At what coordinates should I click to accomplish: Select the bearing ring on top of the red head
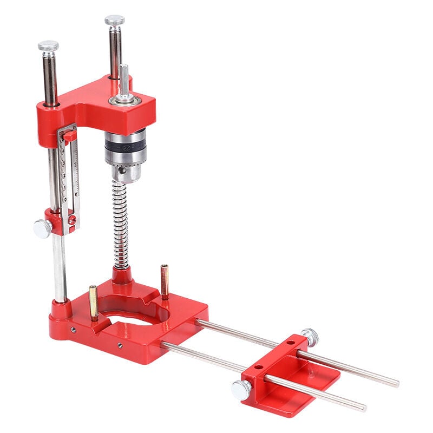point(125,100)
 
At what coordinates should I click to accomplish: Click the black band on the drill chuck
point(125,148)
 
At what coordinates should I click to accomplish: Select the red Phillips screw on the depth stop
point(71,219)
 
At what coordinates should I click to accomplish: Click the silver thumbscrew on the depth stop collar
point(42,229)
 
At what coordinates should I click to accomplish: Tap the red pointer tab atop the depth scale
point(69,135)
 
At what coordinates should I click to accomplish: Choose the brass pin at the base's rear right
point(164,281)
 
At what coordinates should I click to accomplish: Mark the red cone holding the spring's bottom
point(121,276)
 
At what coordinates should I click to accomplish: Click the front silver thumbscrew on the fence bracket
point(241,389)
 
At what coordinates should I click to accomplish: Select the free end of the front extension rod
point(363,408)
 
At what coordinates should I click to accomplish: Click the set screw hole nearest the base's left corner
point(73,329)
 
